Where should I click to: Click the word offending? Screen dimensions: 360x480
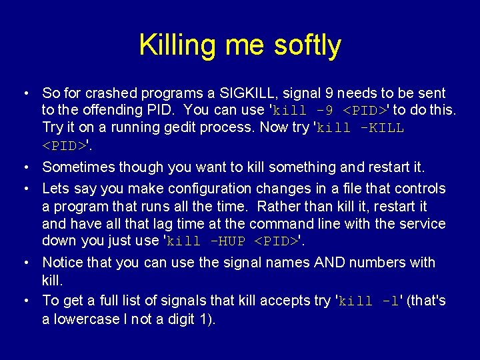pos(109,110)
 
